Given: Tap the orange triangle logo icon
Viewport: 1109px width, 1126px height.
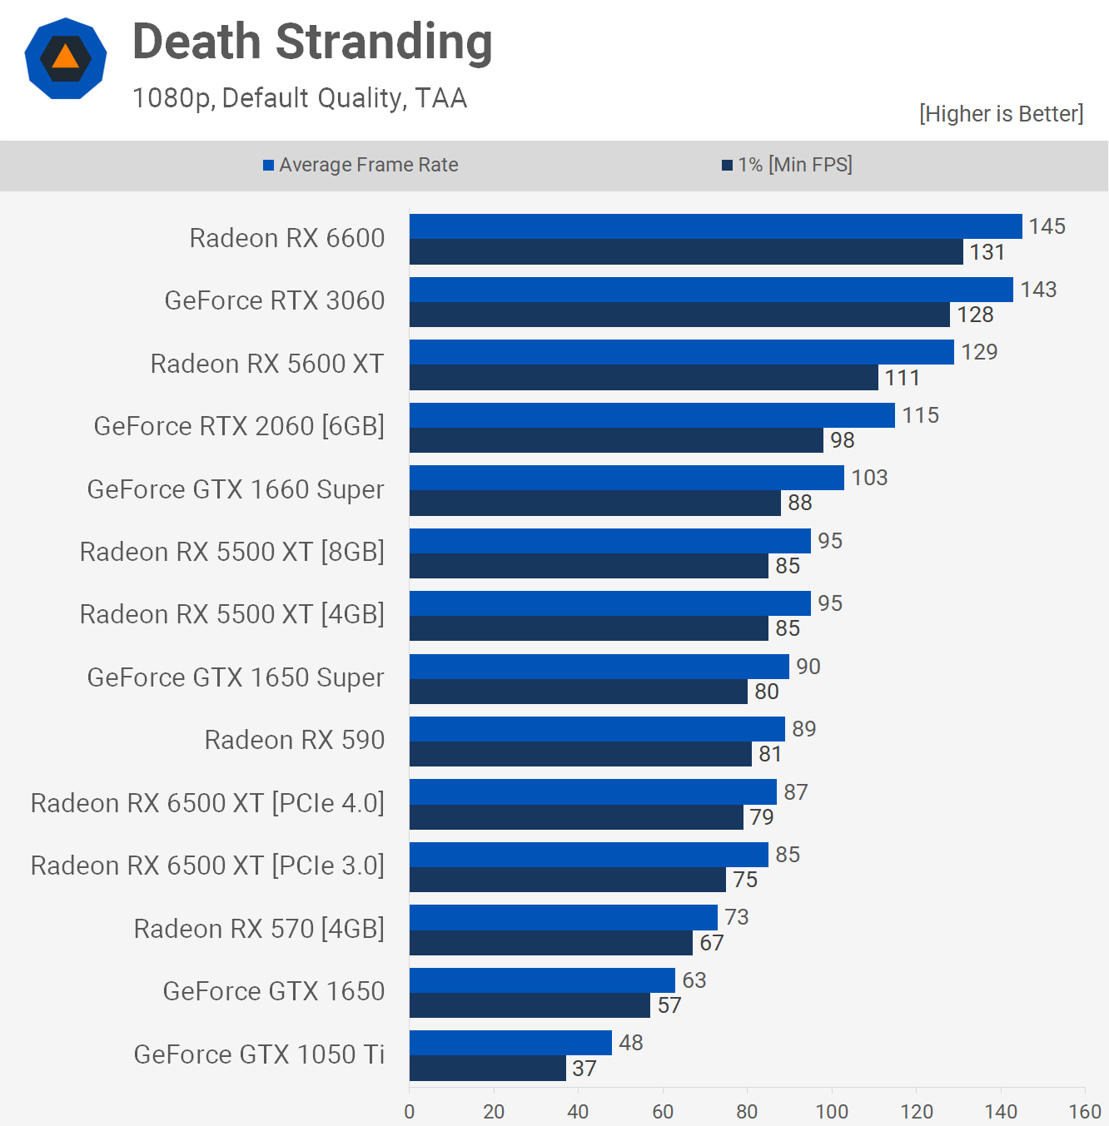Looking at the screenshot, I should click(x=65, y=57).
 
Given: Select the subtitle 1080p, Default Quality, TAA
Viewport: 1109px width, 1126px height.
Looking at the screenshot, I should click(x=300, y=98).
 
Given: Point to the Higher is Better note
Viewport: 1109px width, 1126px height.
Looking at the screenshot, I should click(x=1001, y=114).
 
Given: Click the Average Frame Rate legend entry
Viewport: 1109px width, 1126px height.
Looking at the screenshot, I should click(x=361, y=165).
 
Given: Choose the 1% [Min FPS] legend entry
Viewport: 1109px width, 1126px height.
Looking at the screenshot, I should click(x=787, y=165).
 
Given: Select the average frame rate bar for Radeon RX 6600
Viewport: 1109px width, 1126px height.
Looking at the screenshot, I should click(x=715, y=226).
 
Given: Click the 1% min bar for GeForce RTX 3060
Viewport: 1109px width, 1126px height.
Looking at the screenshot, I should click(x=679, y=315).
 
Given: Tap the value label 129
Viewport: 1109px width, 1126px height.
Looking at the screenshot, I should click(x=979, y=352).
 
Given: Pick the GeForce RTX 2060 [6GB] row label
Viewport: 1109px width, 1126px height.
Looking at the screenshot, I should click(x=239, y=426).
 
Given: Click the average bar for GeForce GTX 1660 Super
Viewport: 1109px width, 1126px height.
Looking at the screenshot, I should click(x=626, y=478).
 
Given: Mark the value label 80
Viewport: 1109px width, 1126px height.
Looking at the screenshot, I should click(x=767, y=692).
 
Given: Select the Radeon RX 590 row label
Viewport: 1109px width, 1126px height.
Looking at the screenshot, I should click(x=295, y=740).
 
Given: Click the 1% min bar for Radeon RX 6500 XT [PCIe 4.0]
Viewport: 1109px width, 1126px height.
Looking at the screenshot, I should click(x=576, y=817).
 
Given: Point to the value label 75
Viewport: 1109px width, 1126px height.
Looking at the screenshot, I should click(x=745, y=880).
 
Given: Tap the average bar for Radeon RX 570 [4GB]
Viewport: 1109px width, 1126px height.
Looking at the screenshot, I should click(x=563, y=917).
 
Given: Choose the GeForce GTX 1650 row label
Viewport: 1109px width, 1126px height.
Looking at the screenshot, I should click(x=274, y=991).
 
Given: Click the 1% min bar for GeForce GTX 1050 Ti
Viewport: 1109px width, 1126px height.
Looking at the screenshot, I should click(x=487, y=1069).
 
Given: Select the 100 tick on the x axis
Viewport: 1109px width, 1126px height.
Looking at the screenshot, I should click(x=832, y=1111).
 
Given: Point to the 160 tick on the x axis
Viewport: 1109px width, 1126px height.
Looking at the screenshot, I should click(x=1085, y=1111).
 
